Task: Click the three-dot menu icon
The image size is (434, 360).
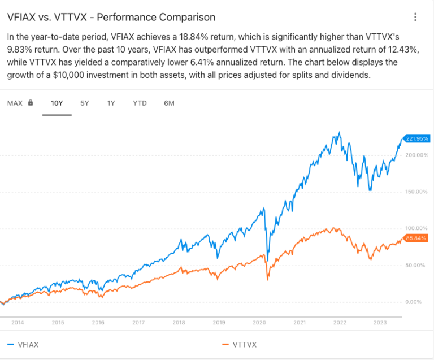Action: point(416,18)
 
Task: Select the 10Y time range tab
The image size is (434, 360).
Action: point(57,103)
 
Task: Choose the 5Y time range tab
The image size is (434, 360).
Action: point(84,103)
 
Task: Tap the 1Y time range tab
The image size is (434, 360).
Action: point(111,103)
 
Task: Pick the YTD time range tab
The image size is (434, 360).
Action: point(140,103)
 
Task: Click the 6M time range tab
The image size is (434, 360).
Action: point(169,103)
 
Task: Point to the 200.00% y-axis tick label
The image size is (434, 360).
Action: point(417,154)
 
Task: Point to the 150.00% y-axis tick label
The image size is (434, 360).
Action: point(417,192)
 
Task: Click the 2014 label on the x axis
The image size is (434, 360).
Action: point(17,323)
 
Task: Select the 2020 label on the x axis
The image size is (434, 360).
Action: point(259,323)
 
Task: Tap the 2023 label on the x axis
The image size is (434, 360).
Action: point(380,323)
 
